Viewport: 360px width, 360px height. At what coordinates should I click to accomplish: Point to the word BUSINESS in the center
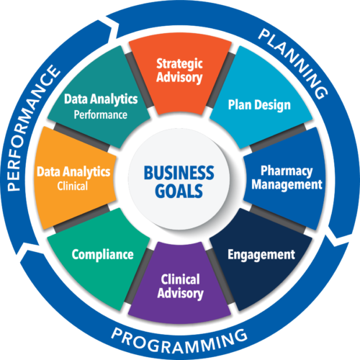coord(179,173)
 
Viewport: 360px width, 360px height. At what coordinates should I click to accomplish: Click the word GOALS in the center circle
coord(179,191)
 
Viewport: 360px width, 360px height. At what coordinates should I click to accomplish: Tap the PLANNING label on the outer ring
coord(293,63)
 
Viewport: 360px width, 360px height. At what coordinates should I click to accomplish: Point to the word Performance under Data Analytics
coord(100,114)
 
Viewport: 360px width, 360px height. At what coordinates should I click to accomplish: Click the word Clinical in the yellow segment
coord(73,186)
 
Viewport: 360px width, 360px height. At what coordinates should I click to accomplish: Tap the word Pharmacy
coord(287,171)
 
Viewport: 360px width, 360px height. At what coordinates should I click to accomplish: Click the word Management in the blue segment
coord(287,185)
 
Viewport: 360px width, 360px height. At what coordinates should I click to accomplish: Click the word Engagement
coord(261,255)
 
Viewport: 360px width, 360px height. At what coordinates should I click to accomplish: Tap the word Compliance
coord(103,255)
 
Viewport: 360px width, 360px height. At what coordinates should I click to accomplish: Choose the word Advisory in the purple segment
coord(180,294)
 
